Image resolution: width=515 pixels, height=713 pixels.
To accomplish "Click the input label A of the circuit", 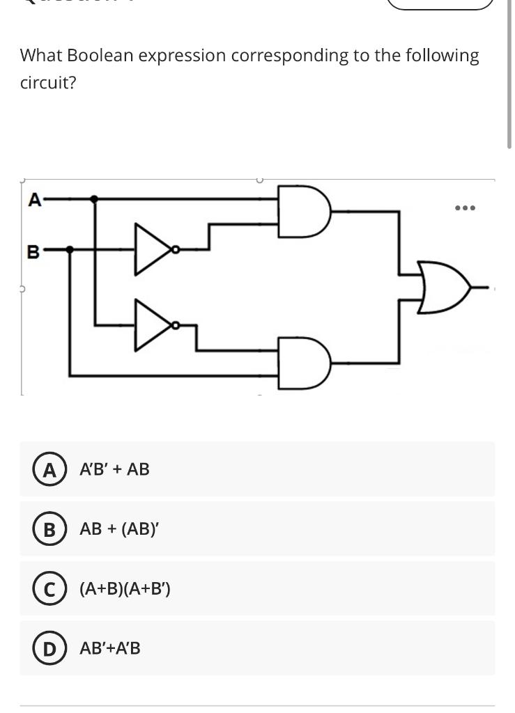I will point(33,200).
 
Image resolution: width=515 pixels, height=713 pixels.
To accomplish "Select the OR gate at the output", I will point(446,286).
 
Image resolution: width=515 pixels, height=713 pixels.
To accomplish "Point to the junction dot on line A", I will point(95,199).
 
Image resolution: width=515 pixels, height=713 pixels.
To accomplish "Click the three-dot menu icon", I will point(465,207).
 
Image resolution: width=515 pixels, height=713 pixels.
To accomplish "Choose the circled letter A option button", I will point(49,469).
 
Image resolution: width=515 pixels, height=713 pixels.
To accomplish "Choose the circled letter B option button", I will point(49,529).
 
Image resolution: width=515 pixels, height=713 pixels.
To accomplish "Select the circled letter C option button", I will point(49,589).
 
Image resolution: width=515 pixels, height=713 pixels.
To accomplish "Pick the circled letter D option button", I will point(49,648).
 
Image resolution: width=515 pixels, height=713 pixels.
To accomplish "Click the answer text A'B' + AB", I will point(114,469).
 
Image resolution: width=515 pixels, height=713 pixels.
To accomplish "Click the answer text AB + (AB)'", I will point(119,529).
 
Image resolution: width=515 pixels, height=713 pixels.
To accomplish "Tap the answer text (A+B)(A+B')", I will point(125,589).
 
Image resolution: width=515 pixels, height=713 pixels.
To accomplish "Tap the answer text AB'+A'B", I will point(110,648).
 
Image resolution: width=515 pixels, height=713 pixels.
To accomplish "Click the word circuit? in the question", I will point(48,84).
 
